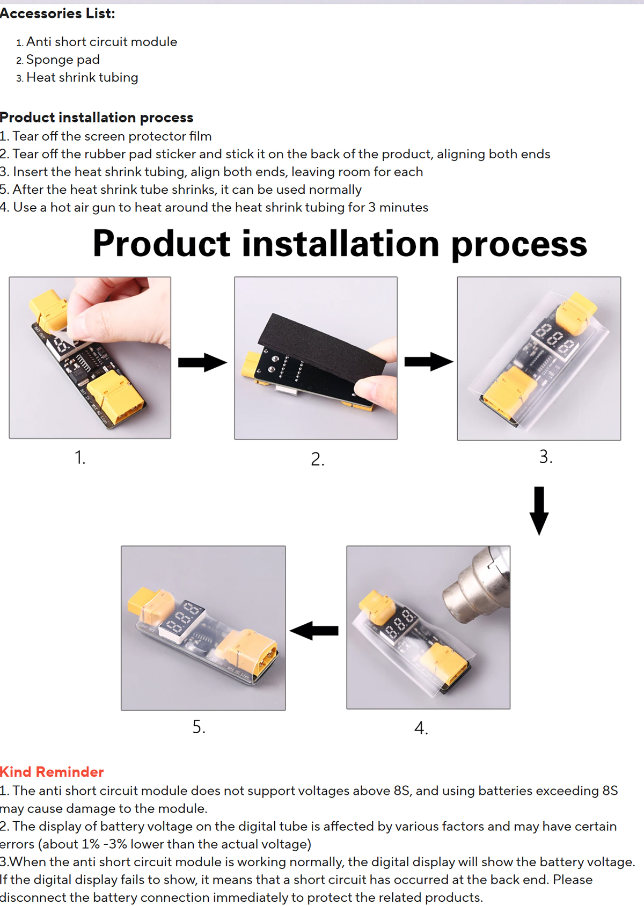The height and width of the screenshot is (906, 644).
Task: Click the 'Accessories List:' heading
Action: tap(57, 14)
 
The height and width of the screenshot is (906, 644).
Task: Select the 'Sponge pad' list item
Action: tap(63, 60)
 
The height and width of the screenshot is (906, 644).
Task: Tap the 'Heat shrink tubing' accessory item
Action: tap(82, 78)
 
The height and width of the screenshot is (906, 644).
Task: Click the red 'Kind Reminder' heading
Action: tap(52, 772)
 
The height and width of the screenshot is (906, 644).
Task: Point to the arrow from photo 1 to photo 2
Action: tap(203, 362)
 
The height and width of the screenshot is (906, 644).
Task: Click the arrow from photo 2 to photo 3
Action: tap(429, 362)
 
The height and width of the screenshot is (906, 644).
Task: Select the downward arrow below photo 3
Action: tap(539, 511)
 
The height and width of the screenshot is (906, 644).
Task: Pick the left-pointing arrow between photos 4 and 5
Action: tap(314, 631)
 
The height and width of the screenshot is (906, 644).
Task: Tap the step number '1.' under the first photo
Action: tap(80, 457)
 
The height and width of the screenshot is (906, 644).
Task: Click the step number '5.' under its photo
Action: tap(199, 727)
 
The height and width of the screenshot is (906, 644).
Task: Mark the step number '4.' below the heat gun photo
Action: tap(421, 728)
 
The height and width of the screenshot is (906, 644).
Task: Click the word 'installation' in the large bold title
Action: tap(340, 244)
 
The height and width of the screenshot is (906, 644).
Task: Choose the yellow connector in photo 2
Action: tap(252, 364)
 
